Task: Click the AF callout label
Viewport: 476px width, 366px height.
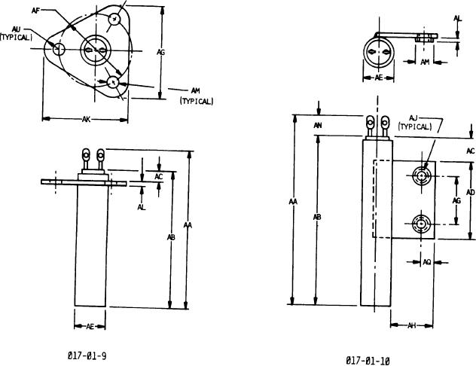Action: (x=36, y=11)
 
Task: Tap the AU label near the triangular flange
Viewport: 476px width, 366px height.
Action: (x=16, y=29)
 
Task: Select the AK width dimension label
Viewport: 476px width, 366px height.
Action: (x=86, y=119)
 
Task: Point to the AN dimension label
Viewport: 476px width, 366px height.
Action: (x=318, y=125)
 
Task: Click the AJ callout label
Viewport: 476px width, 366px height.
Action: (x=413, y=117)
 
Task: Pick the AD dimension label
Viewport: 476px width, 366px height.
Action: (x=470, y=192)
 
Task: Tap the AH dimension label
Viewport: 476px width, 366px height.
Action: (x=411, y=325)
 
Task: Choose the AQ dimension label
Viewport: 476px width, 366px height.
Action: (x=427, y=262)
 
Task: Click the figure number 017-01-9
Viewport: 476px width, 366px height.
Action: (x=87, y=355)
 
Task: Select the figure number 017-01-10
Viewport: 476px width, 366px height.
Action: (x=368, y=361)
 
